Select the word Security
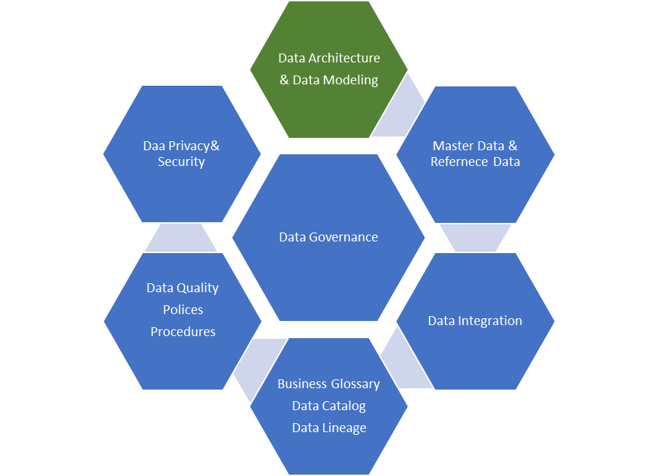[x=181, y=162]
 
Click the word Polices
[x=183, y=310]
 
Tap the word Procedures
[x=183, y=332]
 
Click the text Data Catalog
[x=329, y=406]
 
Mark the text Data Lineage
[x=329, y=428]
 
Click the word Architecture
[x=344, y=58]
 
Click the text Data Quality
[x=182, y=288]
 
